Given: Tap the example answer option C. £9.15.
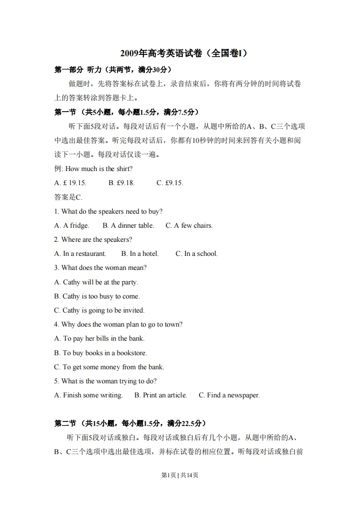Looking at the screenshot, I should (x=170, y=183).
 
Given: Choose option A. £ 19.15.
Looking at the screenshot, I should (x=70, y=183).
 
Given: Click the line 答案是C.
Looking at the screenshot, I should (x=69, y=197).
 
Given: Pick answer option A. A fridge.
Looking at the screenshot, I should (x=72, y=225).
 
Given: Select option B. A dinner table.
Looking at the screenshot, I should (x=128, y=225).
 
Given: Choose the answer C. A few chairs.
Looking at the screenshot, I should (x=189, y=225).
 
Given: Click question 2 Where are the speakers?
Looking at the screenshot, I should (x=93, y=240).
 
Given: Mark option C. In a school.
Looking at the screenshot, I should (x=197, y=254).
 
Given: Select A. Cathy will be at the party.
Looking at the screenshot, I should (x=96, y=282).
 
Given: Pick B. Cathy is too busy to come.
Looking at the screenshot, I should (x=97, y=296).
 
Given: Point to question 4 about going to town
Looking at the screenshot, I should (x=118, y=324).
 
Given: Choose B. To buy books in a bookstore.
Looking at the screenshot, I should (x=101, y=352).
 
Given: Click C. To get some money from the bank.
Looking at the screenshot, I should (x=109, y=367).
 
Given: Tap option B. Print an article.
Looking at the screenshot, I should (x=161, y=395).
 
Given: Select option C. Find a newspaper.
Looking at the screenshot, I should (x=229, y=395).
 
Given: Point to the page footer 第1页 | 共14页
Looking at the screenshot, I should (x=180, y=475).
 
